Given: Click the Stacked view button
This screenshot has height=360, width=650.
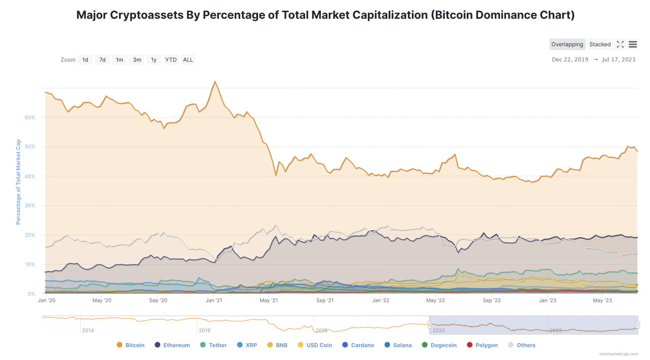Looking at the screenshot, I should pos(600,45).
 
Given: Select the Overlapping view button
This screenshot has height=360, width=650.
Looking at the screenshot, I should pos(567,45).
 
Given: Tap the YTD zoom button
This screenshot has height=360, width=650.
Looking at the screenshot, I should pos(171,60).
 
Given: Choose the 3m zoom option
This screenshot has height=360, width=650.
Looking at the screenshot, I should pos(137,60).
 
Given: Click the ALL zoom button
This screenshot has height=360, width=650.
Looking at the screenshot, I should pos(188,60).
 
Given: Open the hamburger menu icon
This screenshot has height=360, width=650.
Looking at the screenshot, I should pos(633,45).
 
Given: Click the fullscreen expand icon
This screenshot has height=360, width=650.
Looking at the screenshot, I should pos(620,45).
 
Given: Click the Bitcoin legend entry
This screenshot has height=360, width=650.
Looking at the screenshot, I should pos(131,345).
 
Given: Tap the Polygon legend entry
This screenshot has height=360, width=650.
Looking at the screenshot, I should pos(482,345).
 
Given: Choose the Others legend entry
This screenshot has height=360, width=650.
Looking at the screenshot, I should pos(522,345).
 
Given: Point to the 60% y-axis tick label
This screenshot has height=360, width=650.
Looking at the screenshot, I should pos(30,117).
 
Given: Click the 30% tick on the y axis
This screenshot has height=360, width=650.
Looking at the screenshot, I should pos(30,206).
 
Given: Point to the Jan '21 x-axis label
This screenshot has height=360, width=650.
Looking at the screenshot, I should pos(213,300).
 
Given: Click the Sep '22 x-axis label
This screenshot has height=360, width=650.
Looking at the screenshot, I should pos(491,300).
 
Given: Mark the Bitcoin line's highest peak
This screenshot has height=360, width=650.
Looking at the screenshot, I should pos(215,82).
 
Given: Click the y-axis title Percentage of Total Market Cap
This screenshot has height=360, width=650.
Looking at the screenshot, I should pos(18,182).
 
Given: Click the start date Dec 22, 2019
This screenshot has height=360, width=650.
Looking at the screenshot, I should pos(570,60).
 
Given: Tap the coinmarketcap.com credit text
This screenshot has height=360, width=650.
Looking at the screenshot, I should pos(618,354).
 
